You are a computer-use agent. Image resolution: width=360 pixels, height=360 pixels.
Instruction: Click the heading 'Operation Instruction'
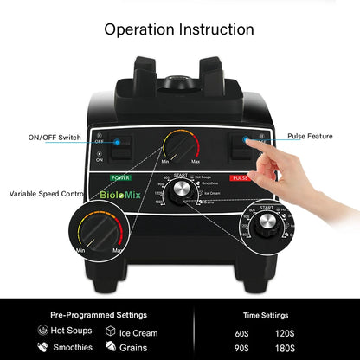(x=179, y=29)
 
